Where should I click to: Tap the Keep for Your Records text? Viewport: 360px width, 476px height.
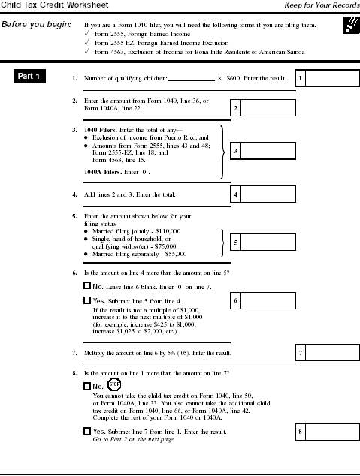[321, 5]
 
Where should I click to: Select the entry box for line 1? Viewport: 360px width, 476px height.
[328, 78]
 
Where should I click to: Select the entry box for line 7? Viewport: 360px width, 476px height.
[328, 352]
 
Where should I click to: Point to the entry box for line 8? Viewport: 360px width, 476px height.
[328, 432]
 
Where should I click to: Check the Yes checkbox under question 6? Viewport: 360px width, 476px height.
[86, 300]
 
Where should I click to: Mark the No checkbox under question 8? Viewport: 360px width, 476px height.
[86, 386]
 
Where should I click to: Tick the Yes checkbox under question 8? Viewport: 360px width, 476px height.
[86, 432]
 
